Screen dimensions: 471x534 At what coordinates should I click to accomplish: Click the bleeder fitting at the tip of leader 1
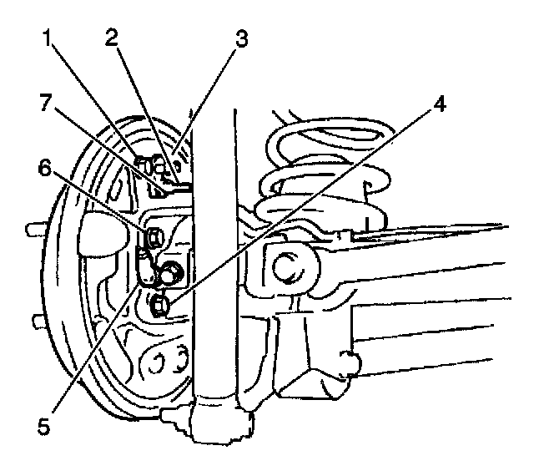(144, 161)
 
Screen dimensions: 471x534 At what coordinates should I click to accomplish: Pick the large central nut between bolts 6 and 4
(171, 272)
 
